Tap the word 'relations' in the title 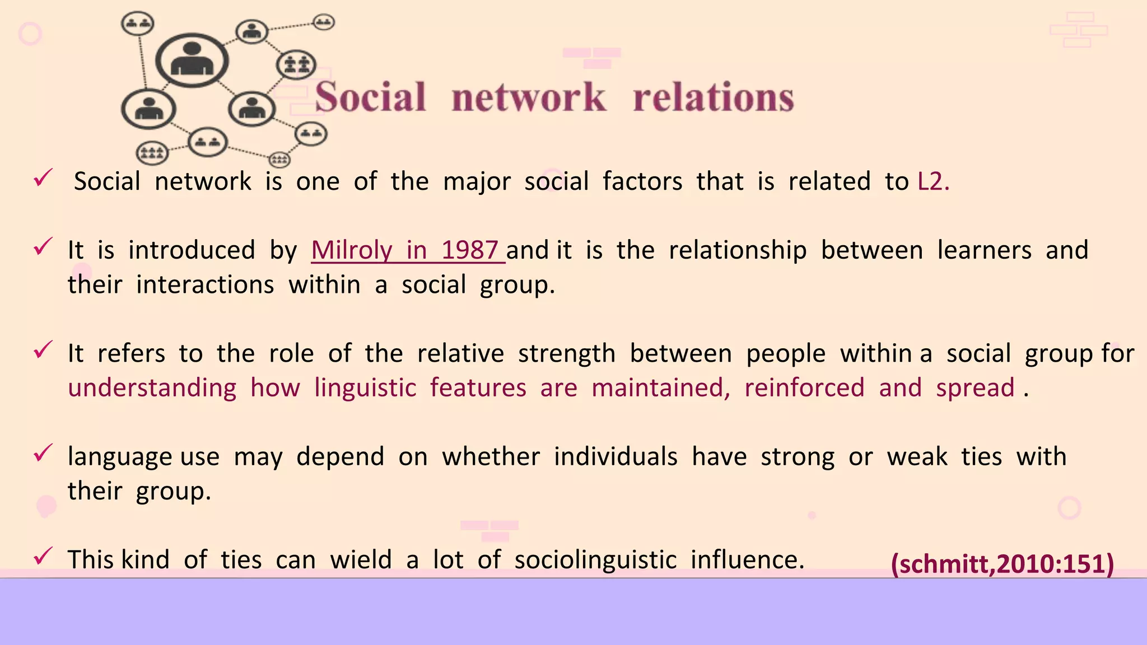tap(713, 97)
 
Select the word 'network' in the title tap(529, 97)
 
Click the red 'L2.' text tap(934, 181)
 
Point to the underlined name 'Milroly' tap(351, 250)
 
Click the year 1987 tap(469, 250)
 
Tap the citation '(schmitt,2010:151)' tap(1002, 563)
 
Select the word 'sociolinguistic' tap(595, 559)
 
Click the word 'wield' tap(361, 559)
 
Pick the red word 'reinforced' tap(804, 388)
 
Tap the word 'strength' tap(566, 353)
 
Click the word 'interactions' tap(205, 284)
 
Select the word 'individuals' tap(616, 456)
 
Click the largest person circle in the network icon tap(192, 60)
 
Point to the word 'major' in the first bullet tap(477, 181)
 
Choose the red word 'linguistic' tap(365, 388)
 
